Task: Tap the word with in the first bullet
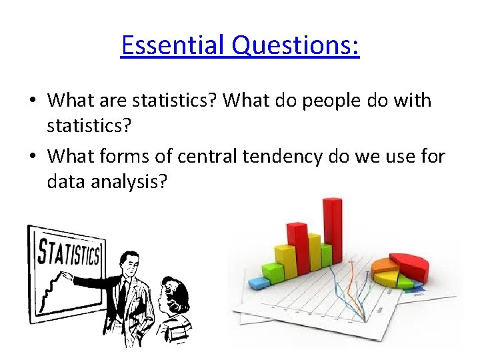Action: tap(414, 101)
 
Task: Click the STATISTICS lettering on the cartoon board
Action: tap(69, 254)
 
